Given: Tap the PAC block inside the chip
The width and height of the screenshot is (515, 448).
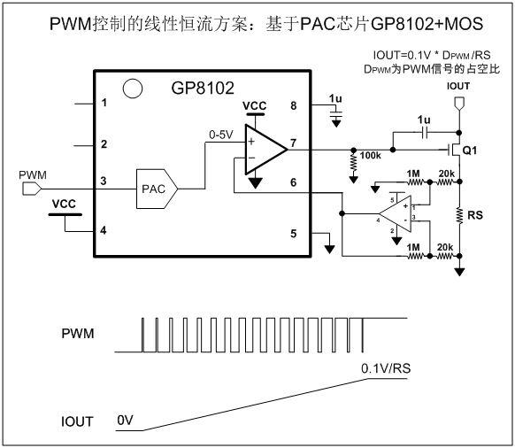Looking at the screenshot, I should coord(152,189).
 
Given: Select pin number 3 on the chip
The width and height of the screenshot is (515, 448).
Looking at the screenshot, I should coord(104,182).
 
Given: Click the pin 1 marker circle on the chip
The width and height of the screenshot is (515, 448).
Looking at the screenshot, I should coord(132,88).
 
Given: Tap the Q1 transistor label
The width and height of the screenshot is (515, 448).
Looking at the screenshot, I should coord(469,151).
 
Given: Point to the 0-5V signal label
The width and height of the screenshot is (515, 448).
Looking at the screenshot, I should coord(222,135).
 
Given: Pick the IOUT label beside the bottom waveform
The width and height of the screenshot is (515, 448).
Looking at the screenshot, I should coord(78,421).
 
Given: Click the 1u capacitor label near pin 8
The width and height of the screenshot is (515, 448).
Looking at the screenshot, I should coord(334,98).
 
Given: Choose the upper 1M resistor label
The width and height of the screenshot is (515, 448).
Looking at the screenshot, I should coord(415,174).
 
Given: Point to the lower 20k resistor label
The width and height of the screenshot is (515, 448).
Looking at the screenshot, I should coord(446,247).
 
